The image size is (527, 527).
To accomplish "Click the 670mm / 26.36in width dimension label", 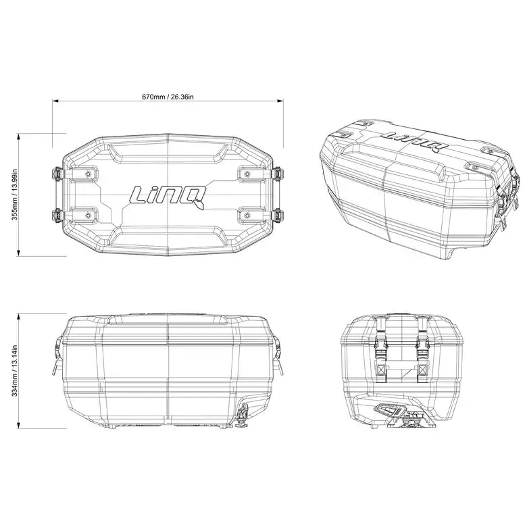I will (x=168, y=97).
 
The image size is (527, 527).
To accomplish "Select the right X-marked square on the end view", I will (x=423, y=370).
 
